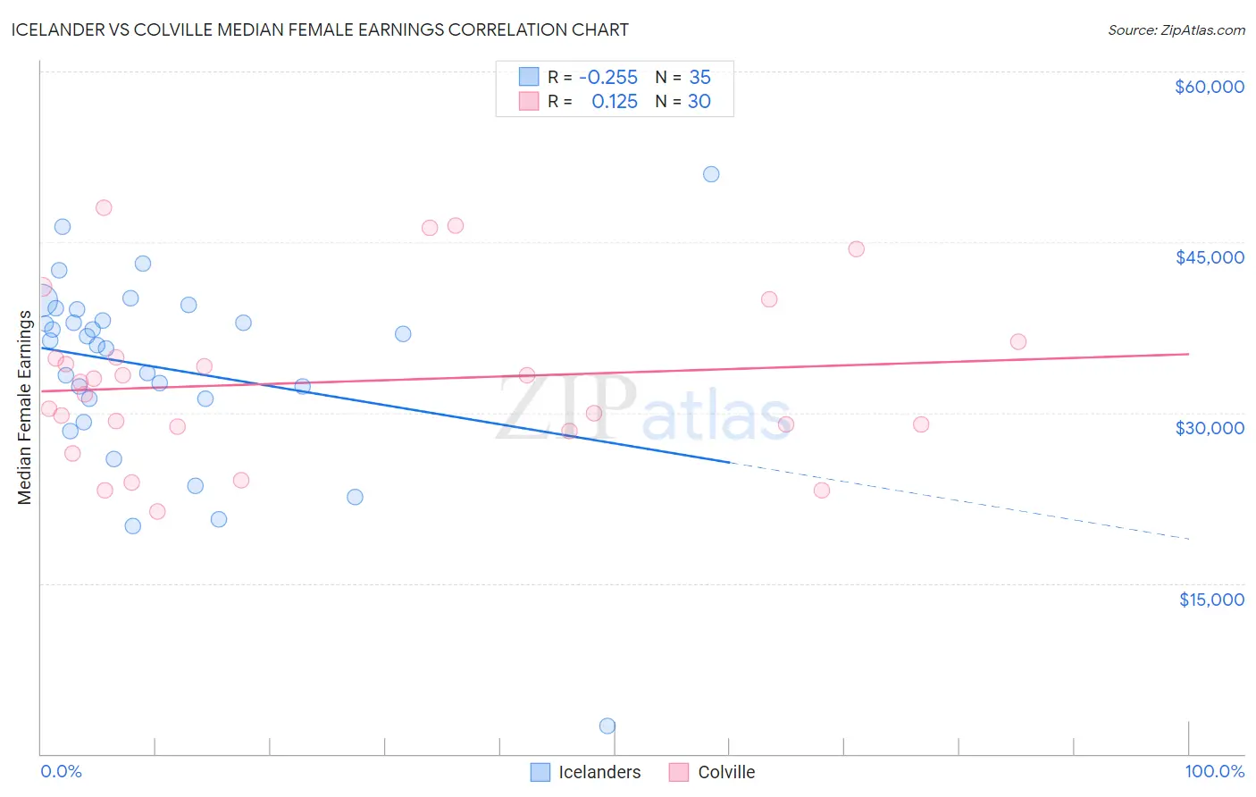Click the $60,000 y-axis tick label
click(1210, 87)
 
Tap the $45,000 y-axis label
click(1210, 257)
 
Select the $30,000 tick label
click(1210, 428)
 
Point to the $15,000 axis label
click(1211, 600)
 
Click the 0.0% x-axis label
click(61, 771)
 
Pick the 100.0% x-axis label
click(1214, 771)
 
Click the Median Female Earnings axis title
click(25, 407)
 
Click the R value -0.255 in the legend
click(608, 77)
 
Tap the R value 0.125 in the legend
click(615, 102)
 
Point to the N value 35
click(699, 77)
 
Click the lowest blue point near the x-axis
click(607, 726)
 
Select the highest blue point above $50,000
click(711, 174)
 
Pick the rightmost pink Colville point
click(1017, 341)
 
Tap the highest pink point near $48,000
click(104, 207)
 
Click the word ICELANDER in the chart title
click(52, 29)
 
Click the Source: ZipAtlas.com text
click(1176, 29)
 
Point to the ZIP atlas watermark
click(643, 409)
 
